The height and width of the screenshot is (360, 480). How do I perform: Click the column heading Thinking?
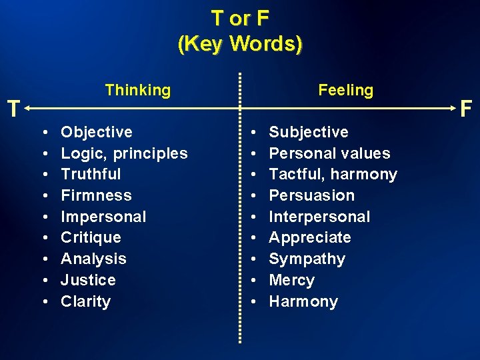[x=137, y=90]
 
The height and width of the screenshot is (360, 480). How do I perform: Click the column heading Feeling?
[x=345, y=90]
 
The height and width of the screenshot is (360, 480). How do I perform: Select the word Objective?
[x=97, y=132]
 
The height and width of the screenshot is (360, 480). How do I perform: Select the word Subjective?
[x=308, y=132]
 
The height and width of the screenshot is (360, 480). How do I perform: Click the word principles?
[x=151, y=153]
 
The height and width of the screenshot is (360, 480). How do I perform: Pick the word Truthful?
[x=91, y=174]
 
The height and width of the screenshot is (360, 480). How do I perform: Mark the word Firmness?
[x=96, y=195]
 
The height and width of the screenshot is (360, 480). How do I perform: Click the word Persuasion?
[x=311, y=195]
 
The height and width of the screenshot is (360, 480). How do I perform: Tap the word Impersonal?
[x=103, y=217]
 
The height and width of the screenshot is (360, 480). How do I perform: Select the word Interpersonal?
[x=319, y=217]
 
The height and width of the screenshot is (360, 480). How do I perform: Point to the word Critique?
[x=91, y=237]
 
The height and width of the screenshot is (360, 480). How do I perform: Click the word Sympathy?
[x=307, y=259]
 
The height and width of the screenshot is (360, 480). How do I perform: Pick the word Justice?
[x=88, y=280]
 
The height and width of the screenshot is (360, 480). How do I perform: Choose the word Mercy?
[x=291, y=280]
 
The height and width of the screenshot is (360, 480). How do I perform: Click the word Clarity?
[x=85, y=301]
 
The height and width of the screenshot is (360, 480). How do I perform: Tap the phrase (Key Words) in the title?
[x=240, y=44]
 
